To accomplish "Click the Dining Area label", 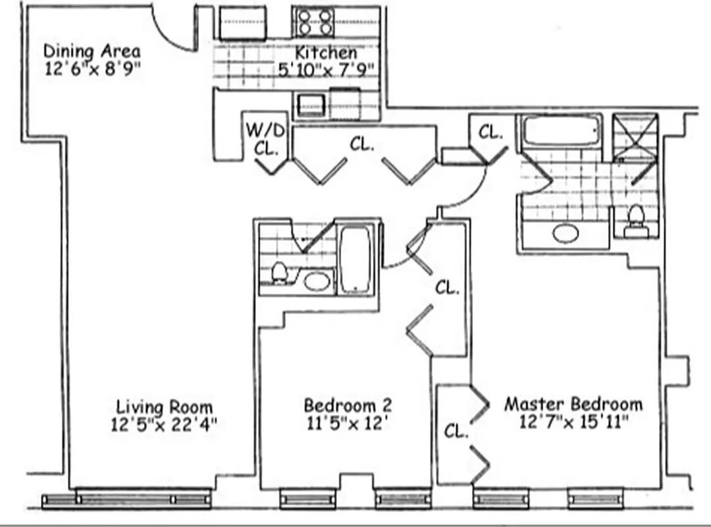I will pos(92,51).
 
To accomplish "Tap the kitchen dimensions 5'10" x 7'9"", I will pos(326,70).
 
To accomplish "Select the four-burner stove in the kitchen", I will pos(314,22).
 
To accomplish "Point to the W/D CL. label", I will pos(266,138).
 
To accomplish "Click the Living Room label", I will pos(164,406).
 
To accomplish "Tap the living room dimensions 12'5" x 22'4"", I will pos(164,424).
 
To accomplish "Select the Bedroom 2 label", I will pos(348,404).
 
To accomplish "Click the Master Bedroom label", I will pos(573,404).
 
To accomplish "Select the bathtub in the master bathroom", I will pos(562,131).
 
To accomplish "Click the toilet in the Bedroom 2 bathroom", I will pos(279,272).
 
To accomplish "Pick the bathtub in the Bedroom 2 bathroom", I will pos(356,258).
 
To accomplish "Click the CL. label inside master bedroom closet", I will pos(456,431).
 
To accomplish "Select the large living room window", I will pos(144,499).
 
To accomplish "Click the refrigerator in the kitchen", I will pos(242,24).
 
